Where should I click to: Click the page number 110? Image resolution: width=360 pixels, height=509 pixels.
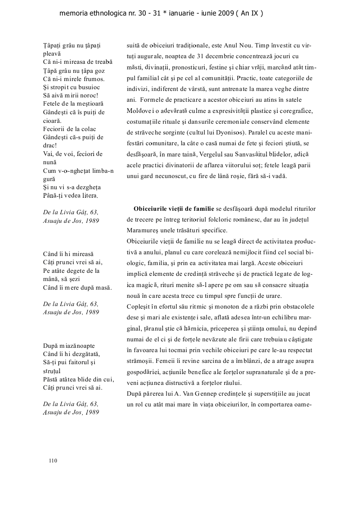pos(53,461)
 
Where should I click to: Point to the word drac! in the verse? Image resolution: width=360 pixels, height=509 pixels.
pos(51,146)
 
